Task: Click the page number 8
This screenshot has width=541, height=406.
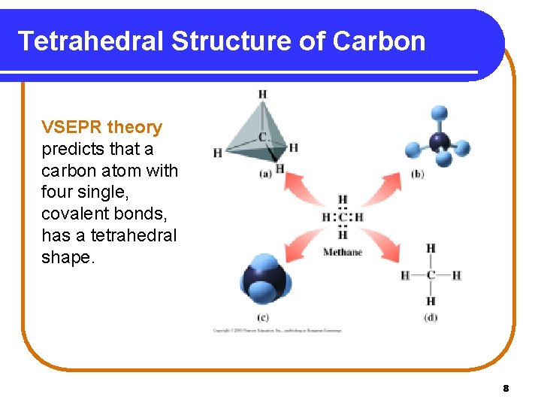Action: [x=506, y=389]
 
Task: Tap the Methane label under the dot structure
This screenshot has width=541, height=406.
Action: [x=343, y=253]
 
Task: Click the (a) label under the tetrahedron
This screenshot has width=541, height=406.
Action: [x=265, y=174]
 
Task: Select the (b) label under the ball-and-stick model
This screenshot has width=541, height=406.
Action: [x=418, y=174]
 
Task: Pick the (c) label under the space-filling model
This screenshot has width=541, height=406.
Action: [x=263, y=317]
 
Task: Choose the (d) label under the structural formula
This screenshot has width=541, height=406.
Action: [x=430, y=317]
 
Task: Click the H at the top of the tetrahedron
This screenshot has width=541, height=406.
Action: [x=262, y=94]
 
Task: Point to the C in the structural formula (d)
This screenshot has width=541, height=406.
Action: [x=431, y=275]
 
